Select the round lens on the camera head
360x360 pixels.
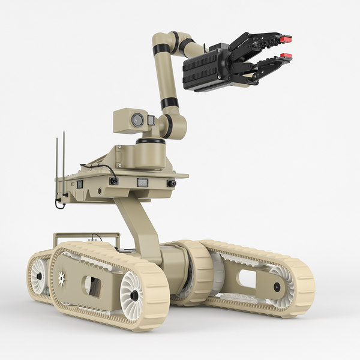point(137,119)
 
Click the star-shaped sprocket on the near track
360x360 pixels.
point(62,277)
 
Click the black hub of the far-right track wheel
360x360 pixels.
point(277,287)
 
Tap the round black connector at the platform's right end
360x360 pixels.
point(172,183)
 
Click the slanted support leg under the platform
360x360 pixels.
point(136,225)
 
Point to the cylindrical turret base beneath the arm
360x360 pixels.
point(150,152)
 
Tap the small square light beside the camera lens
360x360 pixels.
point(151,121)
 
